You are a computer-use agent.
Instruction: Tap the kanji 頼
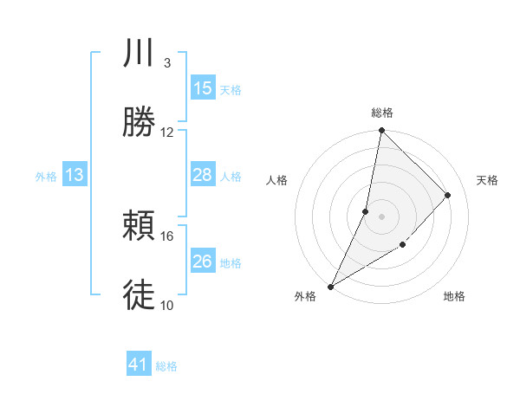(139, 228)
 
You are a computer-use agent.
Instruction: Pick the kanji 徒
(139, 294)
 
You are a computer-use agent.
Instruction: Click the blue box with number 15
(202, 88)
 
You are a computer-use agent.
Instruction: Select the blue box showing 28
(202, 175)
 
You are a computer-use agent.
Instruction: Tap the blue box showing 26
(202, 262)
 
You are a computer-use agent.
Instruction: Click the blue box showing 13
(75, 175)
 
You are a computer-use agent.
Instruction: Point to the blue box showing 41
(139, 365)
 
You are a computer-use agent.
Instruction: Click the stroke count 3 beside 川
(166, 63)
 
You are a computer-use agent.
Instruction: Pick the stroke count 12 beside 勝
(167, 132)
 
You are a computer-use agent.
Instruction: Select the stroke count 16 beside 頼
(167, 236)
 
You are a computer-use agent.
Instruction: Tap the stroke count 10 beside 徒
(167, 305)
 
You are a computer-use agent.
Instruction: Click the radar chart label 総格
(382, 113)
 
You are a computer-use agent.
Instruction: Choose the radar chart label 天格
(488, 180)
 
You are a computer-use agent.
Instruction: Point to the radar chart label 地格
(454, 297)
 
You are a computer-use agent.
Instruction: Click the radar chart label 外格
(305, 297)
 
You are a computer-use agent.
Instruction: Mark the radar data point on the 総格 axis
(381, 131)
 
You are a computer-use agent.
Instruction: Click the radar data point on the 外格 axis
(330, 286)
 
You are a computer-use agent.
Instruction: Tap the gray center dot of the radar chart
(381, 216)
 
